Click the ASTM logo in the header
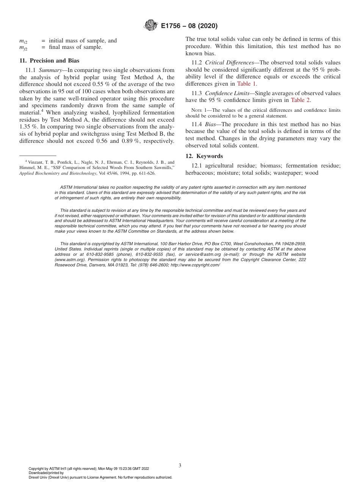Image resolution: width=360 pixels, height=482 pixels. coord(151,26)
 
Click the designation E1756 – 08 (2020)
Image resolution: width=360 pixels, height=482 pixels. coord(189,26)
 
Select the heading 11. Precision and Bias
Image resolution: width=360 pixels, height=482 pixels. coord(49,61)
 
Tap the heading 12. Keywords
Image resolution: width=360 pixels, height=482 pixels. coord(204,156)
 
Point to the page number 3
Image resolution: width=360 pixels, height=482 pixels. coord(180,465)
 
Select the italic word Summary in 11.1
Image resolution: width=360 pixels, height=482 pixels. coord(50,70)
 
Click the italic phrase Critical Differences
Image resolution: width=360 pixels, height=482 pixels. coord(229,63)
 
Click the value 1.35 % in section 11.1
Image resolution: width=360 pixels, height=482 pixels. coord(27,127)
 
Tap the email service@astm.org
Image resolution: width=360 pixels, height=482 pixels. coord(203,254)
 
